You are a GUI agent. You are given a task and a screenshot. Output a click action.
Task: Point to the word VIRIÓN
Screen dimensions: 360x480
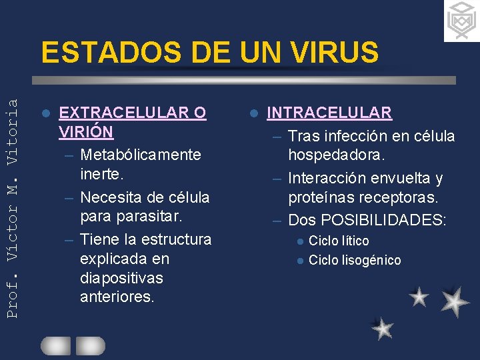(x=86, y=131)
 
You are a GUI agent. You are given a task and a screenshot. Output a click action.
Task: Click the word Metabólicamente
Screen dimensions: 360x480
(x=140, y=155)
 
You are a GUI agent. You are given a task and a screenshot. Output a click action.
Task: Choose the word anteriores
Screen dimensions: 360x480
(x=117, y=297)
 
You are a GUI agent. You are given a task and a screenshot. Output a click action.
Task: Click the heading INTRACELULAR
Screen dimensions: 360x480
(x=329, y=113)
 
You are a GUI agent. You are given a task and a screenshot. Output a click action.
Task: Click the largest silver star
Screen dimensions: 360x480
(x=455, y=301)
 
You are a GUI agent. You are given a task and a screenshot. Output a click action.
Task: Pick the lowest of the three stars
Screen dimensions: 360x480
(x=383, y=328)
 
